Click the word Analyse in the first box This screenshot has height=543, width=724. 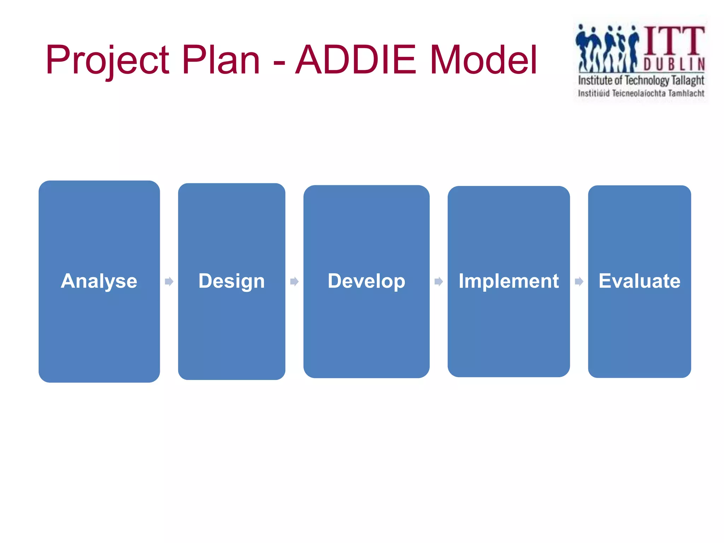[99, 281]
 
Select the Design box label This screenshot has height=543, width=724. [232, 281]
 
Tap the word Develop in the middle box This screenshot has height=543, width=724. [366, 281]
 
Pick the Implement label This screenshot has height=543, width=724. [508, 281]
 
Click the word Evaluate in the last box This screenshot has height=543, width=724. [639, 281]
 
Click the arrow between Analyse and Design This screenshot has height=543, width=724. [169, 281]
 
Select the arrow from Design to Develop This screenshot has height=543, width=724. [294, 281]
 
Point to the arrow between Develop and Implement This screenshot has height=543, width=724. [438, 281]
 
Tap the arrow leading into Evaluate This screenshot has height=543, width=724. [579, 281]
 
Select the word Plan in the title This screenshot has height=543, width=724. [221, 60]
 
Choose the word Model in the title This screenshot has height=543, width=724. [484, 60]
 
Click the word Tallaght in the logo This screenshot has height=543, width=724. [688, 81]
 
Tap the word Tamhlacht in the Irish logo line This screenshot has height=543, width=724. [686, 94]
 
